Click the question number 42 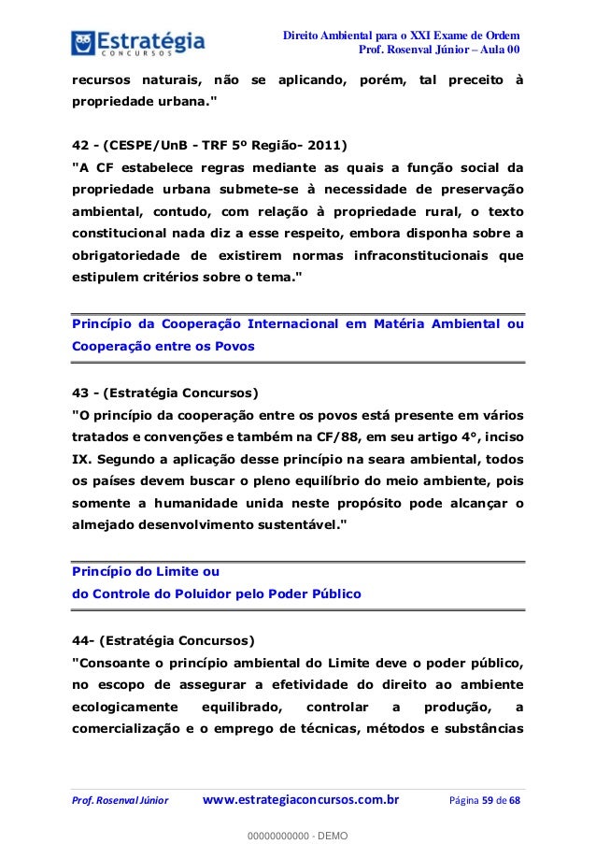pyautogui.click(x=80, y=145)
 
